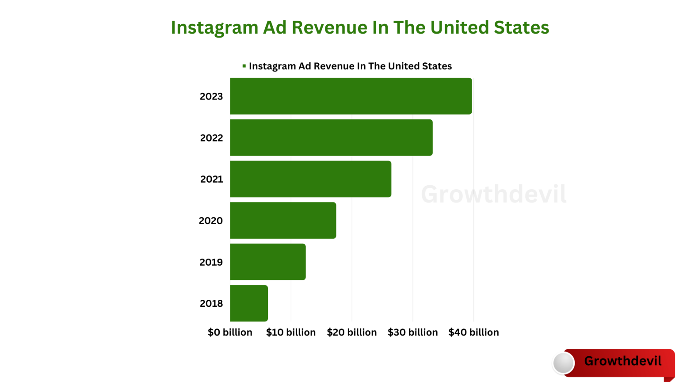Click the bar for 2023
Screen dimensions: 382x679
pos(351,96)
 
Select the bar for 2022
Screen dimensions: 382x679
pos(331,138)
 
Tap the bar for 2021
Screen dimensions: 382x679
pos(310,179)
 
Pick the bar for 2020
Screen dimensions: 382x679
pos(283,220)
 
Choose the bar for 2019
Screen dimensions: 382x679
pos(268,262)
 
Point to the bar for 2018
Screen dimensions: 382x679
pos(249,303)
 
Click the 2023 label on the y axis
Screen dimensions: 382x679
pos(211,96)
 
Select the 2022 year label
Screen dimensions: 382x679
pos(211,138)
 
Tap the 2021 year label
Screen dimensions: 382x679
pos(211,179)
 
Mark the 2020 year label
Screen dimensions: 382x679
pos(211,221)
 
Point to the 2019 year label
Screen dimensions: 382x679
pos(211,262)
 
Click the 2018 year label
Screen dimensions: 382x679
pos(211,303)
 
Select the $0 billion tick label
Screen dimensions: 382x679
pos(230,332)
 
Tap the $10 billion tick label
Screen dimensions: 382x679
pos(291,332)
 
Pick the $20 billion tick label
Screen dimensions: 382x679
pos(352,332)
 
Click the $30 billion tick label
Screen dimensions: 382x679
pos(412,332)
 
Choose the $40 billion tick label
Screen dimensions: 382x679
pos(473,332)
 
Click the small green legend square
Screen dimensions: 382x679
pos(244,66)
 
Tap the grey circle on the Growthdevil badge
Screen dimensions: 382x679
pos(564,363)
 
